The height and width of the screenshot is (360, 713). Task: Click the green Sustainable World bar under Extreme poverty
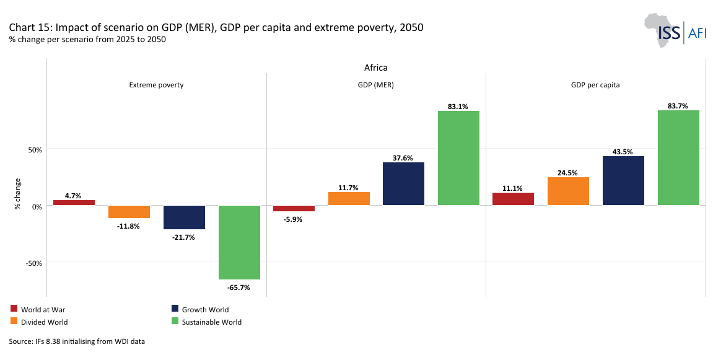click(239, 242)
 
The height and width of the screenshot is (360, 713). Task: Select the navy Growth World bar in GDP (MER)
click(403, 183)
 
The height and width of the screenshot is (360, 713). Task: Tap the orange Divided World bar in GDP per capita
click(568, 191)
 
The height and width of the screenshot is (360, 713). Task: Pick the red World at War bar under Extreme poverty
click(74, 203)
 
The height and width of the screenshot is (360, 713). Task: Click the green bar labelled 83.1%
click(458, 158)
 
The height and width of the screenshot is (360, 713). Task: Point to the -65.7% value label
click(239, 287)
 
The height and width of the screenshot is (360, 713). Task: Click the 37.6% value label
click(403, 158)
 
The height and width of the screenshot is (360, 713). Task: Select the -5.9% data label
click(294, 219)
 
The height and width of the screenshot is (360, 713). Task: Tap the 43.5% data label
click(623, 152)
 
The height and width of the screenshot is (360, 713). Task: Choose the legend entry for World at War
click(39, 309)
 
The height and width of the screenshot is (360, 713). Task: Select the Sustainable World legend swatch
click(175, 322)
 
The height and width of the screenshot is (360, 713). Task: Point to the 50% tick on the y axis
click(33, 149)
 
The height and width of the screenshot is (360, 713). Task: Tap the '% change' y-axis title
click(18, 193)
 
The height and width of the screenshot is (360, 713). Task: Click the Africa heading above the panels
click(375, 68)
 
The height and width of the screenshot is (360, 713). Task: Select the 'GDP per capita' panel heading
click(595, 85)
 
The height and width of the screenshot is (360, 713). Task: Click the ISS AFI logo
click(676, 30)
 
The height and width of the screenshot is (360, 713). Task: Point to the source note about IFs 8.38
click(77, 341)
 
